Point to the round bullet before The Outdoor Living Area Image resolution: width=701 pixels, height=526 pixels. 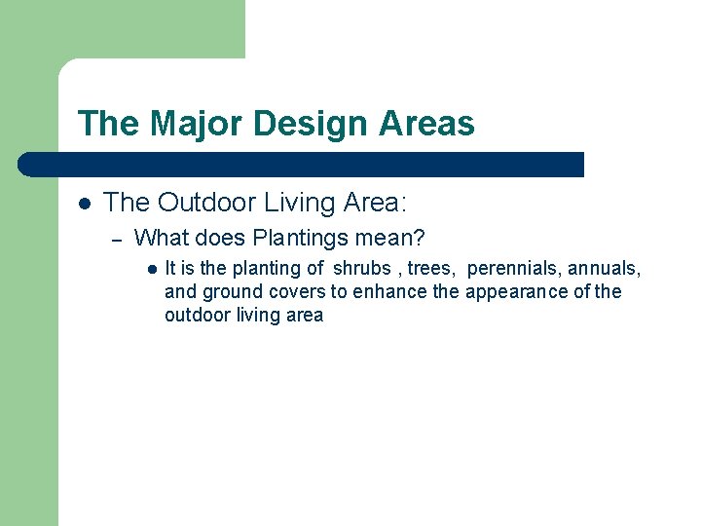tap(85, 204)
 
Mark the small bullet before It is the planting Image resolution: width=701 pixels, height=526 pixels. tap(152, 269)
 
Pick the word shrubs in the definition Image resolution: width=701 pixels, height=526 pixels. tap(362, 268)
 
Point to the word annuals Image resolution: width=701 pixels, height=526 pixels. tap(604, 268)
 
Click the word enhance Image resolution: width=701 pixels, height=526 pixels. tap(394, 291)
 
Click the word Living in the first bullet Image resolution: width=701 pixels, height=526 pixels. tap(302, 203)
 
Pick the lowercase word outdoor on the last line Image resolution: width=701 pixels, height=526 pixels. tap(199, 315)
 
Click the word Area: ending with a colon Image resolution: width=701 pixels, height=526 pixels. tap(376, 203)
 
